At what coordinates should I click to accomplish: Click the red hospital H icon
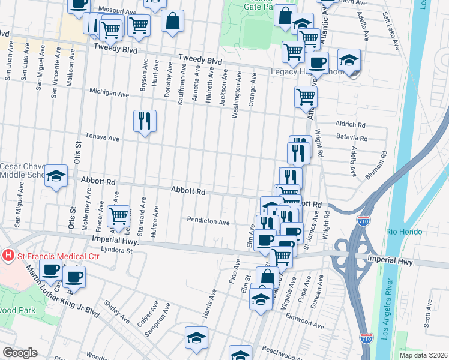click(8, 255)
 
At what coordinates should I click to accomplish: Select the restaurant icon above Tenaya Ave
click(145, 121)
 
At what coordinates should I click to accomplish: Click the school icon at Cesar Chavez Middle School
click(56, 176)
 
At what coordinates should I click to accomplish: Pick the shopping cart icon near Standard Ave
click(119, 214)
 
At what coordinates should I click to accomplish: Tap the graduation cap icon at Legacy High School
click(349, 60)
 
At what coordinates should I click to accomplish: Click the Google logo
click(20, 353)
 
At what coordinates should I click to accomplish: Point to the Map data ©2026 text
click(424, 355)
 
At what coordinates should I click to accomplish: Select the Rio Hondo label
click(402, 232)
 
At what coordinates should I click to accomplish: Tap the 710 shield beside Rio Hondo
click(365, 221)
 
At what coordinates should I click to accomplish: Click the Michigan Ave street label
click(109, 94)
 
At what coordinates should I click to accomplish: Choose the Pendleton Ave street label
click(208, 221)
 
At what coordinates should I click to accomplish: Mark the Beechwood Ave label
click(305, 348)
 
